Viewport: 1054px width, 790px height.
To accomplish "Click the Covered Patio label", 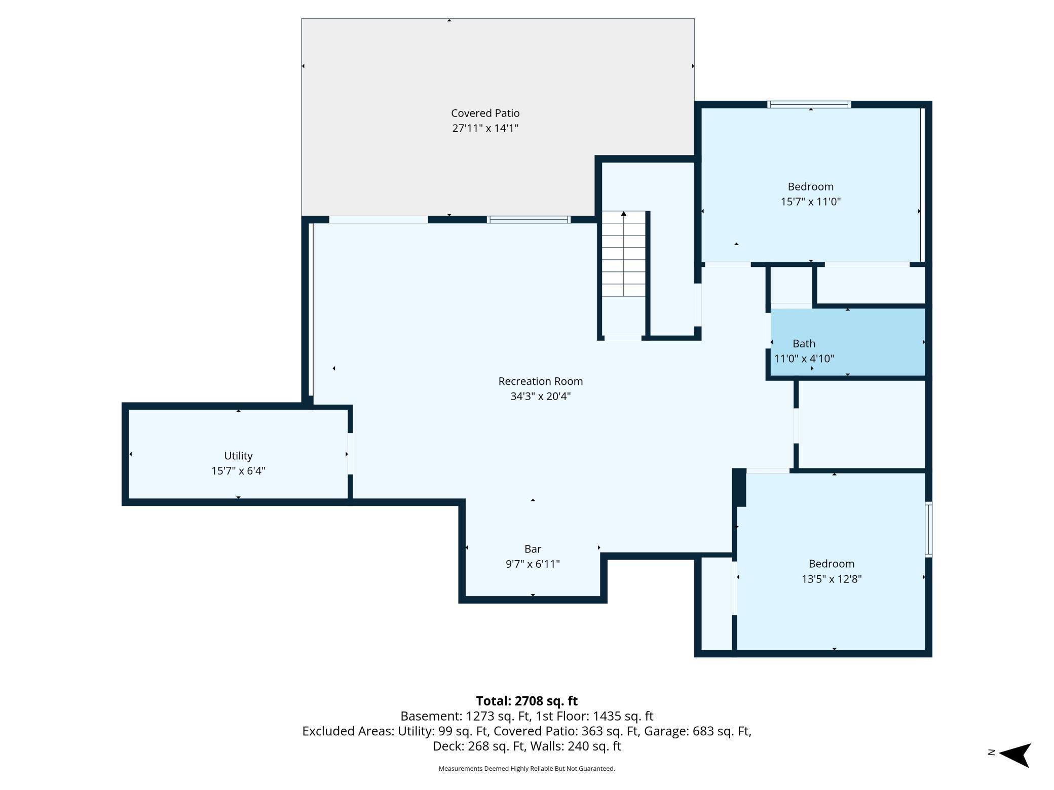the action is coord(485,113).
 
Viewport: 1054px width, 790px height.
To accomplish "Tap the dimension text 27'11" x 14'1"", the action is coord(485,128).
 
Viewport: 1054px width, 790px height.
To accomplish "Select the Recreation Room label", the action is coord(541,381).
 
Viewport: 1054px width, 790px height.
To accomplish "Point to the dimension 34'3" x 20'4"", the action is coord(541,396).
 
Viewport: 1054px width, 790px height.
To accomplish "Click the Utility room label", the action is coord(238,456).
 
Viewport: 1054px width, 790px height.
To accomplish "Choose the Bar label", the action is coord(533,549).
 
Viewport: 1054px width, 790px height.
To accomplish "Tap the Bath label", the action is coord(804,344).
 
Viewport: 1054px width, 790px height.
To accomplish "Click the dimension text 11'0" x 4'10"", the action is coord(804,359).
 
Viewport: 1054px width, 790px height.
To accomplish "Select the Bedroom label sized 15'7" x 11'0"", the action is coord(811,187).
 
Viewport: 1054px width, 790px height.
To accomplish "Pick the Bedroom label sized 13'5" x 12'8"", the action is coord(832,564).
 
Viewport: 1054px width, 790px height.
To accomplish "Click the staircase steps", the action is coord(624,254).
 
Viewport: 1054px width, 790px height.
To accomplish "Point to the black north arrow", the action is coord(1015,756).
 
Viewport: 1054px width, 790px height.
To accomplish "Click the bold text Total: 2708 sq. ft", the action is coord(526,701).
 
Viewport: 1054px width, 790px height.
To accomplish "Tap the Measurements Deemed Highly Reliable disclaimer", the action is coord(526,769).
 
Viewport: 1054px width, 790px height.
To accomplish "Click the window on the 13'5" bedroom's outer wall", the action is coord(928,529).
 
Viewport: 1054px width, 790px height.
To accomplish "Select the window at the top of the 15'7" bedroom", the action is coord(809,105).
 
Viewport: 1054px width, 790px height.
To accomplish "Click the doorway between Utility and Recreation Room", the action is coord(350,454).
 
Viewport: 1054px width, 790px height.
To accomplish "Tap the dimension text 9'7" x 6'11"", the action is coord(533,564).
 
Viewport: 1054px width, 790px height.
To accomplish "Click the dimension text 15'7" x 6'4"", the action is coord(238,471).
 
